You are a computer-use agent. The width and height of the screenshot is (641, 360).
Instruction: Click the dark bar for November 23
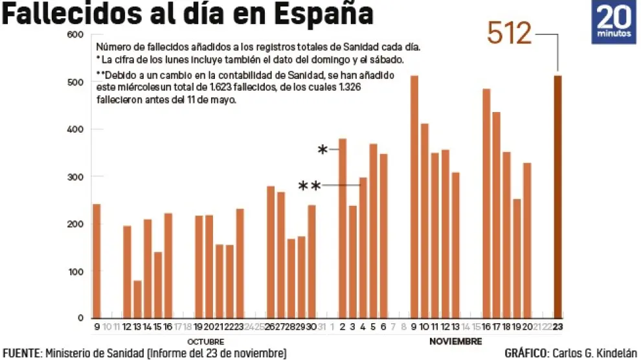pyautogui.click(x=557, y=197)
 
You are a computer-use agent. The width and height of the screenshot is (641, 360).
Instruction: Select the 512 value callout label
pyautogui.click(x=509, y=34)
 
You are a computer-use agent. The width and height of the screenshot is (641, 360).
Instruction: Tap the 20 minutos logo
pyautogui.click(x=613, y=22)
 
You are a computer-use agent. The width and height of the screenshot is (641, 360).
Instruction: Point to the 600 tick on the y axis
pyautogui.click(x=76, y=35)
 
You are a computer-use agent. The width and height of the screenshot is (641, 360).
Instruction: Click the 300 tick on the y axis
pyautogui.click(x=76, y=177)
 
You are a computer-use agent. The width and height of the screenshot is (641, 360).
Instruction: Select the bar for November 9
pyautogui.click(x=414, y=197)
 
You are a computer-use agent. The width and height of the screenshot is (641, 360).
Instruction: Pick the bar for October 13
pyautogui.click(x=137, y=299)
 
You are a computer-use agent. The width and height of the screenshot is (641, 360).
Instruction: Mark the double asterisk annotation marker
pyautogui.click(x=309, y=186)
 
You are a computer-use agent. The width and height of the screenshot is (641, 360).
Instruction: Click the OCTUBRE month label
pyautogui.click(x=206, y=341)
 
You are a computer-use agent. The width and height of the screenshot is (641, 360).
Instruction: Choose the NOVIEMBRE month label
pyautogui.click(x=455, y=341)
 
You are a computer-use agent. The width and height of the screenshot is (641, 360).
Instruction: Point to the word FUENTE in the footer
pyautogui.click(x=21, y=353)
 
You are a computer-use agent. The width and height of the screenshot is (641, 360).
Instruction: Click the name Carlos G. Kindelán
pyautogui.click(x=594, y=353)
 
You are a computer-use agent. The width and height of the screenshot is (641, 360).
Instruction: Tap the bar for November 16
pyautogui.click(x=486, y=203)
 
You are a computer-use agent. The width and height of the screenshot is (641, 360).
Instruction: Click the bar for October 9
pyautogui.click(x=96, y=261)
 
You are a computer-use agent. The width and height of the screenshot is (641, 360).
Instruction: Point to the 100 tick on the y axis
pyautogui.click(x=76, y=271)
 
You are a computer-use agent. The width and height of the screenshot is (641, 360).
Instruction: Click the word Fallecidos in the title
pyautogui.click(x=67, y=14)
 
